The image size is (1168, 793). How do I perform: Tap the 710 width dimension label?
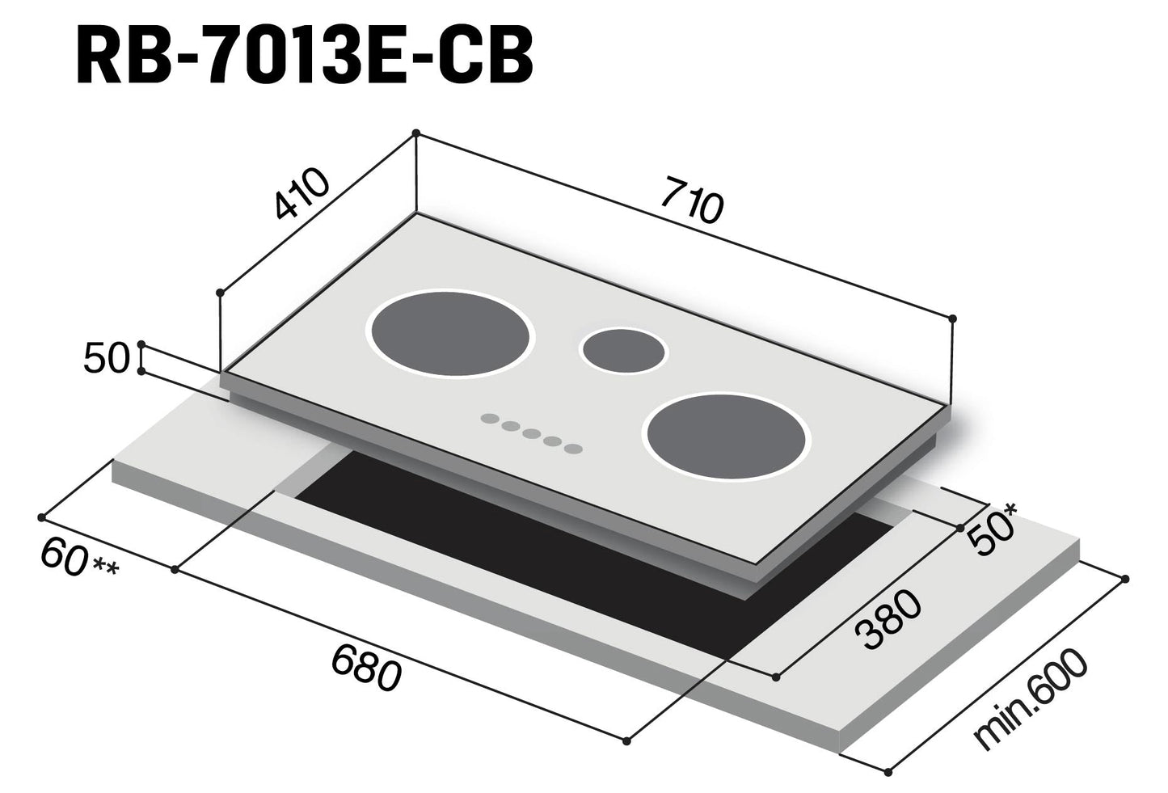(691, 200)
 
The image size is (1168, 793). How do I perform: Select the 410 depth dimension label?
(302, 193)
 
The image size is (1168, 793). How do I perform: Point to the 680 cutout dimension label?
(366, 669)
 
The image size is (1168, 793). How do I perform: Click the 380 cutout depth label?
(888, 619)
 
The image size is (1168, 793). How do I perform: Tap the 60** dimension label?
(79, 561)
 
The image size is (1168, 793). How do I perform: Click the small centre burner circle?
(624, 350)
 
